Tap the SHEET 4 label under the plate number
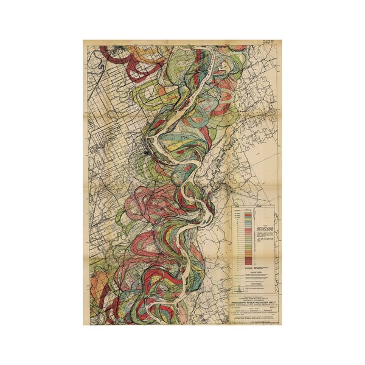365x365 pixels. coord(268,44)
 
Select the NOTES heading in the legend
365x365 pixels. coord(266,221)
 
